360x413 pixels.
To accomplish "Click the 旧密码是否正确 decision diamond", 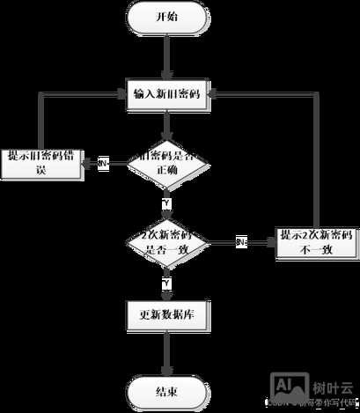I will click(166, 163).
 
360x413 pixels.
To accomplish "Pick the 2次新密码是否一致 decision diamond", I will click(166, 241).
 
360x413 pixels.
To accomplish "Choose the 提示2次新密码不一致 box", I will click(316, 241).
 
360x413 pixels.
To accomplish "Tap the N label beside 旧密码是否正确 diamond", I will click(103, 164).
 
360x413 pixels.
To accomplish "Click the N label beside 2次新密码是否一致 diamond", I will click(240, 241).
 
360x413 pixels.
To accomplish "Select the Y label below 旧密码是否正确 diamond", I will click(166, 203).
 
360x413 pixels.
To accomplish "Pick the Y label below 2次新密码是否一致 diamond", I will click(166, 283).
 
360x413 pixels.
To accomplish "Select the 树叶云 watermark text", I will click(332, 386).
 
